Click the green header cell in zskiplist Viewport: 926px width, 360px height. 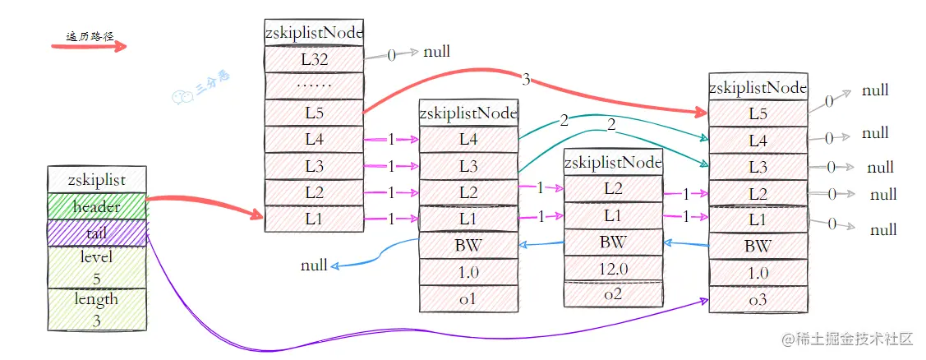[96, 206]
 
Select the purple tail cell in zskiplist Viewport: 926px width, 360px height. [96, 233]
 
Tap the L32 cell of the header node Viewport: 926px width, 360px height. [313, 58]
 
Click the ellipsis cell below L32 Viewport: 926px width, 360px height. [313, 85]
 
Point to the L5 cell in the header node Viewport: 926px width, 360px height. [313, 113]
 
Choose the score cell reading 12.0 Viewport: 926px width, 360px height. [613, 268]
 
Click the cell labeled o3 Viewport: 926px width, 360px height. [758, 300]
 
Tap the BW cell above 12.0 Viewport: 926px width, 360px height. [613, 242]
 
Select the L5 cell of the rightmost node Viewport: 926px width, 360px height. [758, 113]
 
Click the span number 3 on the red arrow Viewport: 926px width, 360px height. [525, 80]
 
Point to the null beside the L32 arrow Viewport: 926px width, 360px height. [436, 53]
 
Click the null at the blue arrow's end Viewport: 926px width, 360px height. [314, 265]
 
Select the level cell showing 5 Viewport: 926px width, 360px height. [96, 268]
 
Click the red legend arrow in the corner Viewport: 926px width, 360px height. [89, 46]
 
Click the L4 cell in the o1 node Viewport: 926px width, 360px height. [468, 140]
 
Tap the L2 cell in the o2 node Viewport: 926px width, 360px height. [613, 188]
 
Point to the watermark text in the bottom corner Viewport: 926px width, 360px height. [846, 339]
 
